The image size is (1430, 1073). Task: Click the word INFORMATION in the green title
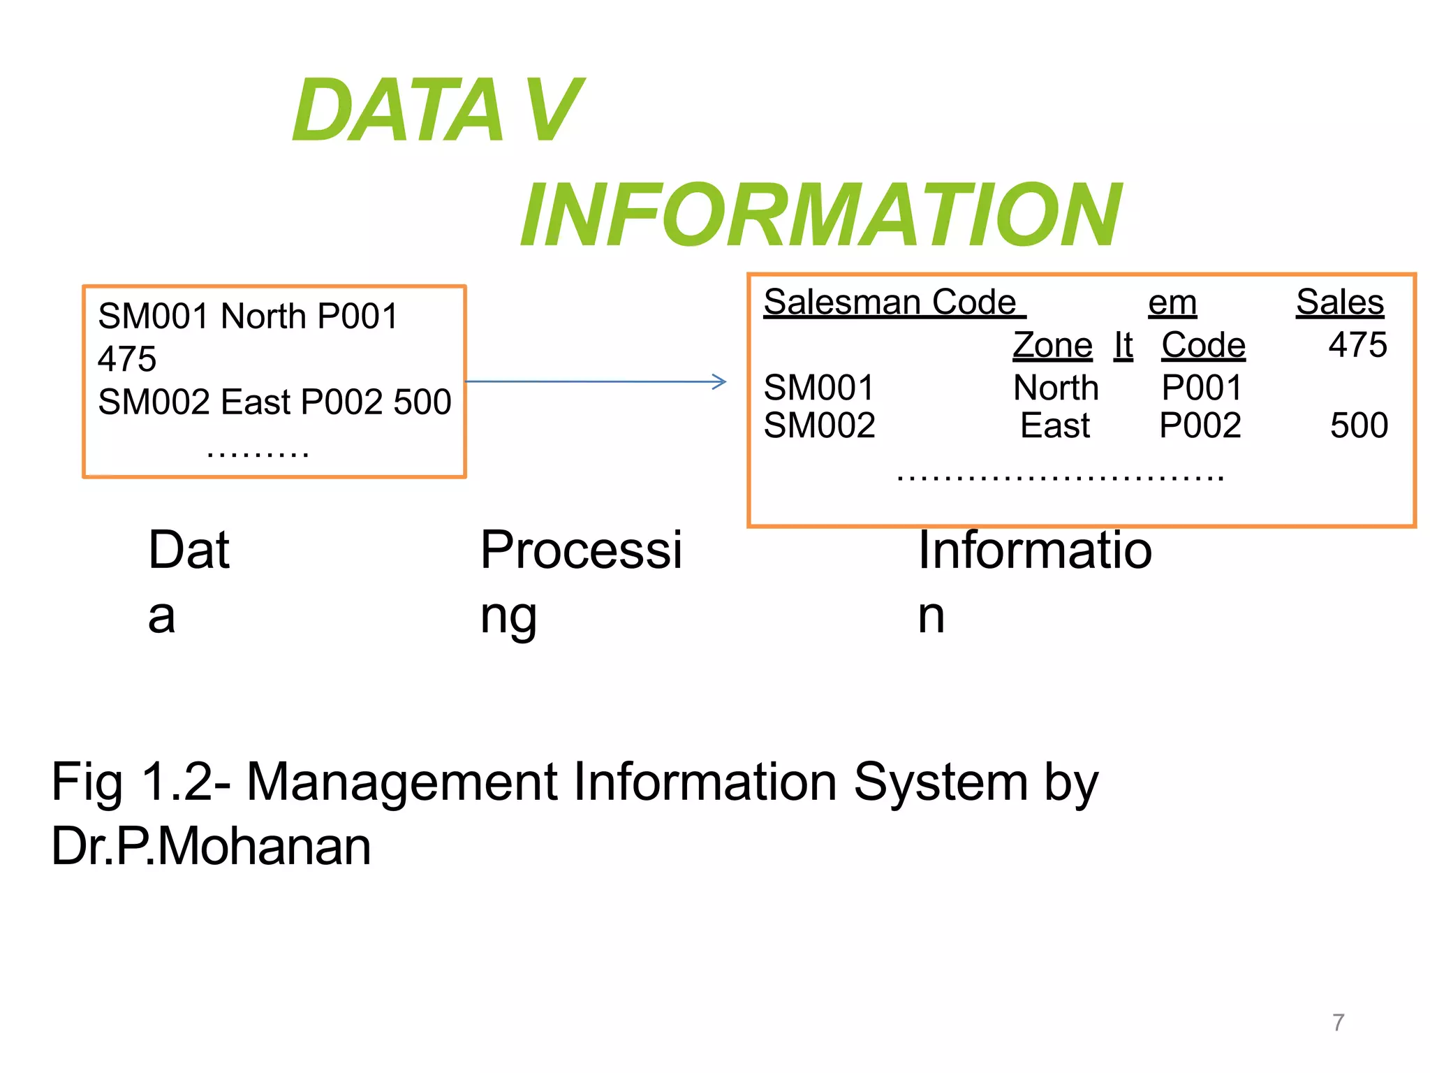coord(820,214)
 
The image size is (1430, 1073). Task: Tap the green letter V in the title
coord(554,110)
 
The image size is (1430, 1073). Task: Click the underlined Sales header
coord(1339,302)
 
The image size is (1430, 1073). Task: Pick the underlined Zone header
coord(1052,345)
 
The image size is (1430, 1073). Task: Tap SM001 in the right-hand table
coord(818,388)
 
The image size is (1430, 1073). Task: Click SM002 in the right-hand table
coord(818,425)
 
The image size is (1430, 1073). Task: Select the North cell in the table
coord(1055,388)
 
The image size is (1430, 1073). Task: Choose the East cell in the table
coord(1054,425)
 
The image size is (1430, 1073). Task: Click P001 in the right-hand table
coord(1201,388)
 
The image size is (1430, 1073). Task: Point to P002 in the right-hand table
coord(1200,425)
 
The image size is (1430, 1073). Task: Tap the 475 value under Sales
coord(1357,345)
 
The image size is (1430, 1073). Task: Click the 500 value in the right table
coord(1358,425)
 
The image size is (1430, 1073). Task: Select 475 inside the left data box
coord(127,359)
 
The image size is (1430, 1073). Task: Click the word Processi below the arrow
coord(580,550)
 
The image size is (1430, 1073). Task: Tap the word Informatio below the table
coord(1034,550)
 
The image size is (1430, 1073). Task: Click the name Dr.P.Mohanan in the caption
coord(211,847)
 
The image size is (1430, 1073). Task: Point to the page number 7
coord(1338,1023)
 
